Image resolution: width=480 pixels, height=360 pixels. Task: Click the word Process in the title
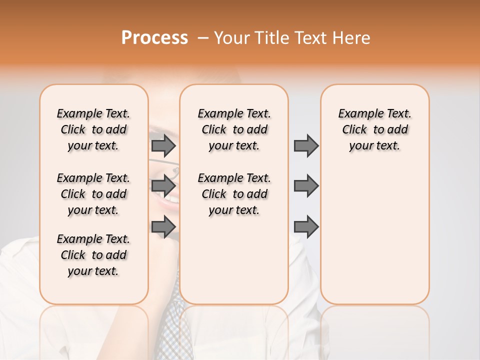click(154, 38)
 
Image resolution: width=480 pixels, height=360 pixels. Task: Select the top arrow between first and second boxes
click(163, 145)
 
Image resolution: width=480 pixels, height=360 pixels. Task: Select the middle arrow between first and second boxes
click(163, 186)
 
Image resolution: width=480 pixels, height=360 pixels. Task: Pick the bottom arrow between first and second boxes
click(163, 226)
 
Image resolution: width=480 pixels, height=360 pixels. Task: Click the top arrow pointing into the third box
click(306, 145)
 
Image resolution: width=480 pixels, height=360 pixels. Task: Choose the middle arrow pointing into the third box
click(306, 186)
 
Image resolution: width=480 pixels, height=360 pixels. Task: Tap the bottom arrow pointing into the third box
click(306, 226)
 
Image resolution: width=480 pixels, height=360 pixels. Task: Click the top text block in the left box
click(93, 129)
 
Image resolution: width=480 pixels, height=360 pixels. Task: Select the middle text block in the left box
click(93, 194)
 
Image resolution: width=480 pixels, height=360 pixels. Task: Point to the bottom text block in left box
click(93, 255)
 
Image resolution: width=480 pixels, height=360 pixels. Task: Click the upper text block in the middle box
click(234, 129)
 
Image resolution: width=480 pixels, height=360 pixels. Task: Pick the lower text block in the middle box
click(234, 194)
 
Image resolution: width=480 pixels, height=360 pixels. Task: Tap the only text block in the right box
click(374, 129)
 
